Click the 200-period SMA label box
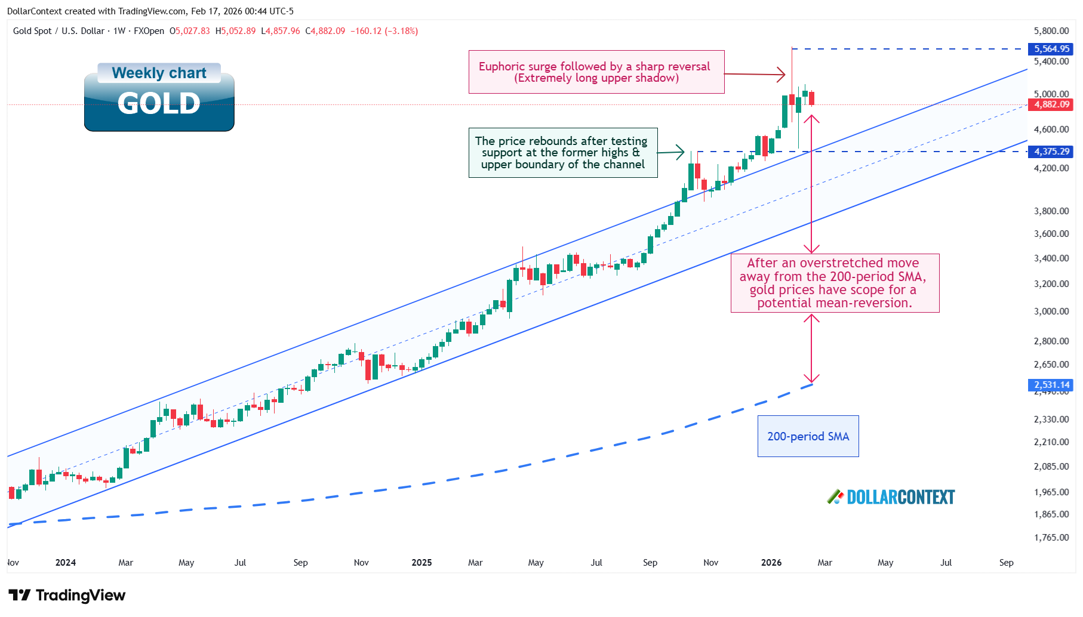[808, 436]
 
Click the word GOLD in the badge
[159, 103]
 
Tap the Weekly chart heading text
[159, 73]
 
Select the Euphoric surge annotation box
[596, 72]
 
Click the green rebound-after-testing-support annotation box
[562, 153]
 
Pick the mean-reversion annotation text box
[834, 283]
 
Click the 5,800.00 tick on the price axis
[1051, 31]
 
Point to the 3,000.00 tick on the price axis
[1051, 311]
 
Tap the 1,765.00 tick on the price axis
[1051, 538]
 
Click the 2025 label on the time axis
[421, 563]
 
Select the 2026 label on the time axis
[771, 563]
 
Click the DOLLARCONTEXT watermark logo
[891, 497]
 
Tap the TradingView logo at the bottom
[67, 596]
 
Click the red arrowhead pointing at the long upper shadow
[781, 75]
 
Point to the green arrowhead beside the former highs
[680, 152]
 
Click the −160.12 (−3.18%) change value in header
[384, 31]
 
